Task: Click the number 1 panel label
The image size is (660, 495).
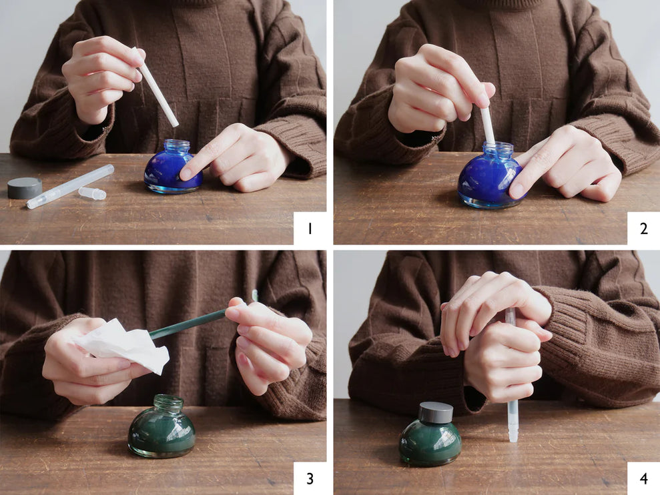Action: (310, 229)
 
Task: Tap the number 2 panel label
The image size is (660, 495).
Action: (643, 229)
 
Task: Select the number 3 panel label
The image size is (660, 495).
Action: (310, 478)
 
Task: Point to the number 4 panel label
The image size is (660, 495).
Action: (643, 478)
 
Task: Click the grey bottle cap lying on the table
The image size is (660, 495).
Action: (25, 187)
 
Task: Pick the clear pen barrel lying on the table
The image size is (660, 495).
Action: (70, 187)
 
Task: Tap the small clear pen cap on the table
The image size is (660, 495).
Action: (92, 193)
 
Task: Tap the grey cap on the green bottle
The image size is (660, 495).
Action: (436, 412)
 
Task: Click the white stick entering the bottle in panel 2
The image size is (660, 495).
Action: (487, 125)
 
